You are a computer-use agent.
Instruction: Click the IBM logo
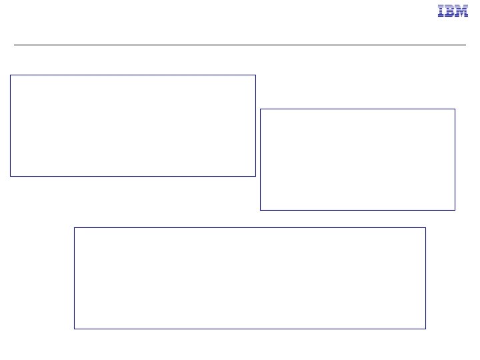click(453, 11)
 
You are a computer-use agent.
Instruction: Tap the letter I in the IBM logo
click(441, 11)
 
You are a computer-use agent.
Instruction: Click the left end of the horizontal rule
click(15, 45)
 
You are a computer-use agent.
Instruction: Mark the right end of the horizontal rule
click(465, 45)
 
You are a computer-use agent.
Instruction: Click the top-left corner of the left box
click(10, 75)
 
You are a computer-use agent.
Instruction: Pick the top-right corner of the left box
click(255, 75)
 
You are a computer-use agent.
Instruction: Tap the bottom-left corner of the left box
click(10, 176)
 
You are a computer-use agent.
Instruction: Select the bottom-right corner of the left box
click(255, 176)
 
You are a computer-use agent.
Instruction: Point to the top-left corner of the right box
click(260, 109)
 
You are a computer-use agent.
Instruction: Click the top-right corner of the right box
click(455, 109)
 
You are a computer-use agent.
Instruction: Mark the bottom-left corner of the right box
click(260, 210)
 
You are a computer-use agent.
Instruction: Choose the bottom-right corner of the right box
click(455, 210)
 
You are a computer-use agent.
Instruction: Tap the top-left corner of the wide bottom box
click(74, 228)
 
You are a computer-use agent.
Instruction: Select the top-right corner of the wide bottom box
click(425, 228)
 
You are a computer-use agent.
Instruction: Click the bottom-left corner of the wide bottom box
click(74, 329)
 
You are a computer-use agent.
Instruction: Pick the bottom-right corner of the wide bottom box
click(425, 329)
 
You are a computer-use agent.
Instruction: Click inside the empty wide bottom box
click(249, 278)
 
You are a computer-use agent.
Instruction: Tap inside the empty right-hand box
click(357, 159)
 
